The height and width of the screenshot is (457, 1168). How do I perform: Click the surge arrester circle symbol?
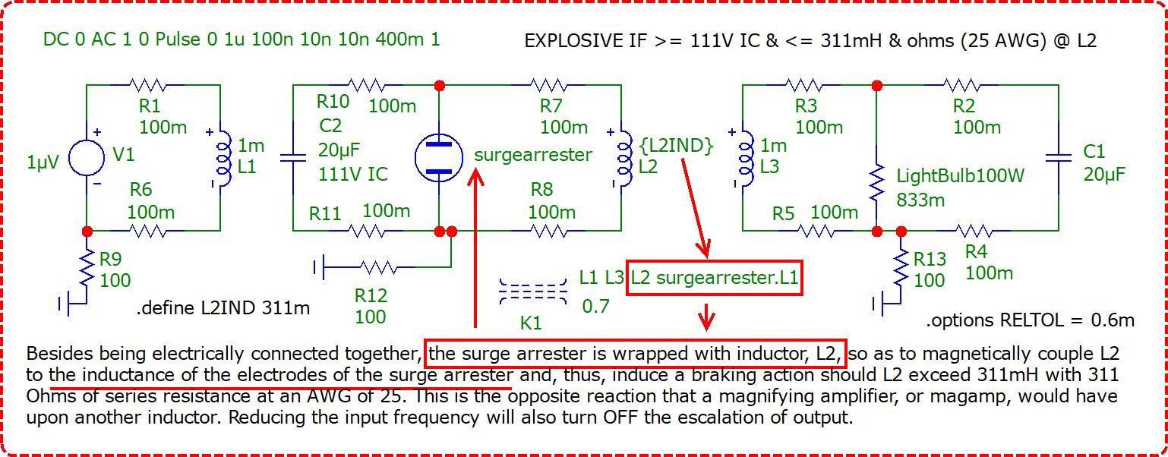pos(438,157)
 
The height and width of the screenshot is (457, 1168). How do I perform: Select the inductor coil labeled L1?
pos(224,157)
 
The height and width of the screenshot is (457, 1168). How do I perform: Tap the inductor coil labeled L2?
pos(625,157)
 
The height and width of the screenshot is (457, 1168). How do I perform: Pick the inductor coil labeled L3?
pos(747,157)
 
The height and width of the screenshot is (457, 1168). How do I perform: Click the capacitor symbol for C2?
pos(293,157)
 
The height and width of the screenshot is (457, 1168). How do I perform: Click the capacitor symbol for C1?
pos(1059,157)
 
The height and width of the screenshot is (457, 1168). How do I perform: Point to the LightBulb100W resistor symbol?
pos(877,182)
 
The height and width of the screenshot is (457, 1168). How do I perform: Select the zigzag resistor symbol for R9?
pos(87,269)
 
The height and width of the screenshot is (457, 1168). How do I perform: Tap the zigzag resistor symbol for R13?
pos(901,269)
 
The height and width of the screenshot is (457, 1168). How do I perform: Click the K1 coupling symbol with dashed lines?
pos(533,292)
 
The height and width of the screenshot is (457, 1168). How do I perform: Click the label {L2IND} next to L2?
pos(677,146)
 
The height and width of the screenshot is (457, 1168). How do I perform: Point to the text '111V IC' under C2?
pos(353,174)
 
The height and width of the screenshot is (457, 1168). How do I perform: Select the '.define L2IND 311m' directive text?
pos(223,308)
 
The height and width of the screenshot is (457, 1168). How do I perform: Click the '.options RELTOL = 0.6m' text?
pos(1030,320)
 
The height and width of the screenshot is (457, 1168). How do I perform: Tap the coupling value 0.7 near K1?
pos(595,306)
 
